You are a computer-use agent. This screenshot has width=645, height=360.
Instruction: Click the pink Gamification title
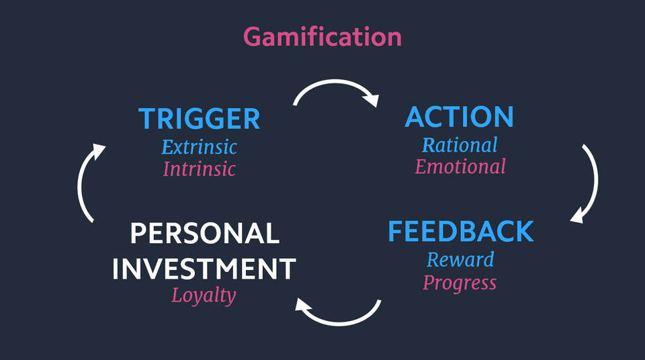(x=322, y=37)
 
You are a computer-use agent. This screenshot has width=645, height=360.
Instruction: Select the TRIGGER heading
(x=199, y=118)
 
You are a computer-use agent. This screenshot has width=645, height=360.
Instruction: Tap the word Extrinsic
(x=199, y=147)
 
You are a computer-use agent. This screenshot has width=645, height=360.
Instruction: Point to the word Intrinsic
(x=199, y=169)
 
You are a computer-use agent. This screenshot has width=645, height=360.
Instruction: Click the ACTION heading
(x=460, y=117)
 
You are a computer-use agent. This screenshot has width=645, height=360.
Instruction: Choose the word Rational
(x=460, y=145)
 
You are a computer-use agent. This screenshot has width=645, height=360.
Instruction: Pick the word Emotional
(x=460, y=167)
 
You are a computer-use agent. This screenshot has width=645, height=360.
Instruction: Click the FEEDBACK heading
(x=461, y=231)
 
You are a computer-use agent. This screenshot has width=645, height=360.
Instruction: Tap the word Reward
(x=460, y=260)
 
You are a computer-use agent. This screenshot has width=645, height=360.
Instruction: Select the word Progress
(x=460, y=283)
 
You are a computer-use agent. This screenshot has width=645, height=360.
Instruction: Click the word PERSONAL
(x=205, y=233)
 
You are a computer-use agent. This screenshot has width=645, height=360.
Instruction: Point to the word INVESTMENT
(x=204, y=269)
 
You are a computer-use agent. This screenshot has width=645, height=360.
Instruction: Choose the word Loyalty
(x=204, y=296)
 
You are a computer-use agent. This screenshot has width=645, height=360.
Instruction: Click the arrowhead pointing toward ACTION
(x=371, y=99)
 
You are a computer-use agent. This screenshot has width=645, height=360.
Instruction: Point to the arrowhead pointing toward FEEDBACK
(x=577, y=216)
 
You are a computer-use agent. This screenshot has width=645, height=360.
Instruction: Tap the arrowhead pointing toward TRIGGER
(x=99, y=150)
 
